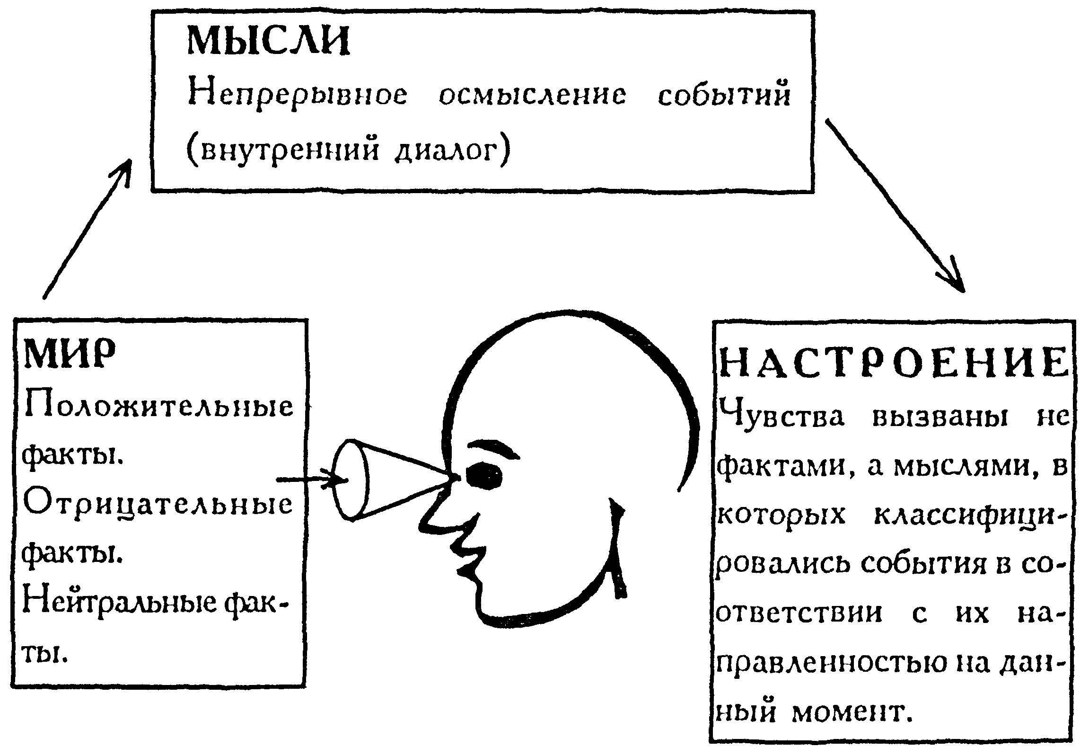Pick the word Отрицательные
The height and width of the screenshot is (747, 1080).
[158, 505]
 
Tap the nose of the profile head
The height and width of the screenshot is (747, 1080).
[436, 508]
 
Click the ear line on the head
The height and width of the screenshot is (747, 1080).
[618, 549]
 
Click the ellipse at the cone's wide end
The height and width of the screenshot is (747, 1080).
[351, 480]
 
